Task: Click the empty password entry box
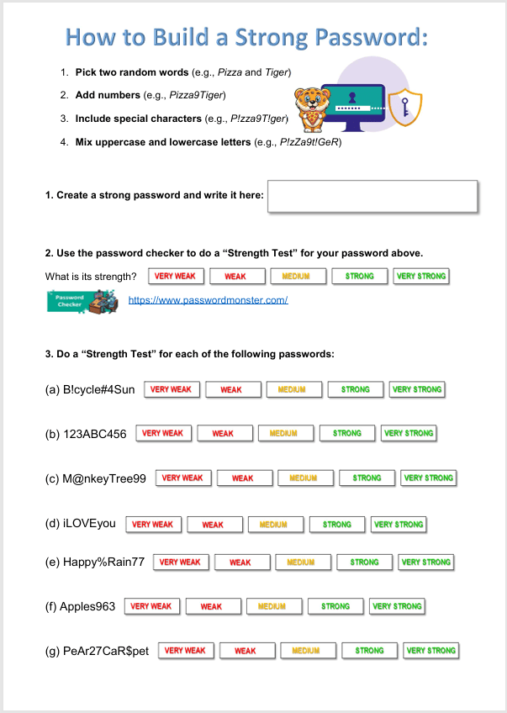click(x=372, y=196)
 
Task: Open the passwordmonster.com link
click(x=208, y=300)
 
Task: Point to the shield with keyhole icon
click(x=408, y=107)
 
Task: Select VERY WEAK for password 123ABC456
click(x=163, y=434)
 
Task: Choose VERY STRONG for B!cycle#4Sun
click(x=416, y=389)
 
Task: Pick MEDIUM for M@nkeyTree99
click(x=304, y=478)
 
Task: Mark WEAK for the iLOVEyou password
click(x=213, y=525)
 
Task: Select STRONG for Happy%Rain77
click(x=364, y=562)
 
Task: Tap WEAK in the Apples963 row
click(x=211, y=606)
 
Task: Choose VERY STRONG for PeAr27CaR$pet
click(x=430, y=651)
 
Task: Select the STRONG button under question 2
click(x=360, y=276)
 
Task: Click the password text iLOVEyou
click(x=89, y=524)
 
